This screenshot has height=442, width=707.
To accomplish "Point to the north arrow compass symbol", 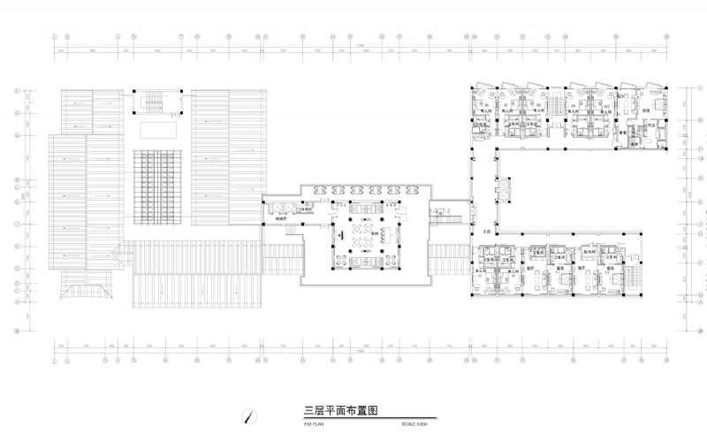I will tap(251, 415).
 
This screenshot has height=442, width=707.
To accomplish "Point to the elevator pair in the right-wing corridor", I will tap(505, 187).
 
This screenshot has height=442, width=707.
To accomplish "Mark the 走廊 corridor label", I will tap(487, 231).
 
